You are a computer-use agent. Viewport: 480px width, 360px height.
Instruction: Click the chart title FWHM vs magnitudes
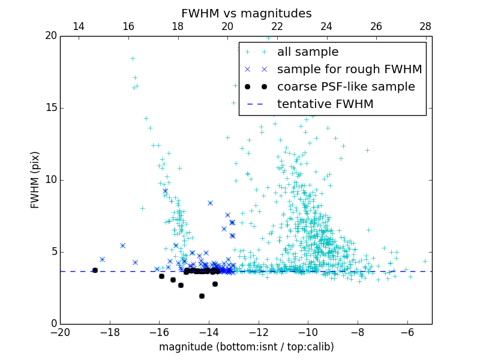(x=246, y=13)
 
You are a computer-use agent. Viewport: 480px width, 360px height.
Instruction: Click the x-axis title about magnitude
(x=246, y=347)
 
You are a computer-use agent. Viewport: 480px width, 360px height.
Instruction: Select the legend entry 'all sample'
(x=308, y=52)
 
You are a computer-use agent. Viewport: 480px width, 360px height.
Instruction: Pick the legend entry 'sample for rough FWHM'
(x=349, y=70)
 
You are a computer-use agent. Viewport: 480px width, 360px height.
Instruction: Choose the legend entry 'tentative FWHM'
(x=325, y=104)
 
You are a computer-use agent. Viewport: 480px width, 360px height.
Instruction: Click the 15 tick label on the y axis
(x=50, y=108)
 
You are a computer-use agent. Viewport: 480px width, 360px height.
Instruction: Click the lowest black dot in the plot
(x=202, y=296)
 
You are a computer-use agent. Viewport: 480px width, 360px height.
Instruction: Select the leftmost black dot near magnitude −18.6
(x=95, y=270)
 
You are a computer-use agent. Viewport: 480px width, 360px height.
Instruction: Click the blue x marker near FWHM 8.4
(x=210, y=203)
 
